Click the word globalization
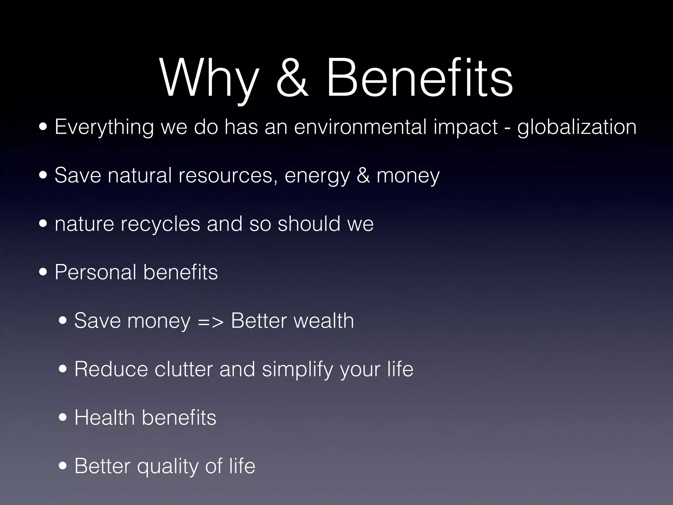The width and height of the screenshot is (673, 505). tap(577, 127)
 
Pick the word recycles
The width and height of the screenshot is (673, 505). tap(160, 224)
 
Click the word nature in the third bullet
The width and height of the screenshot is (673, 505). tap(84, 224)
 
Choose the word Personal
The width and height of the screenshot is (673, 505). tap(95, 272)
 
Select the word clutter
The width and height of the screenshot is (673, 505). tap(183, 369)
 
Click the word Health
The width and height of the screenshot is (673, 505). tap(105, 418)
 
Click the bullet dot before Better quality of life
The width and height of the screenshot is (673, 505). tap(63, 466)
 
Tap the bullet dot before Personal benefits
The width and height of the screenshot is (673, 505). tap(43, 273)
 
